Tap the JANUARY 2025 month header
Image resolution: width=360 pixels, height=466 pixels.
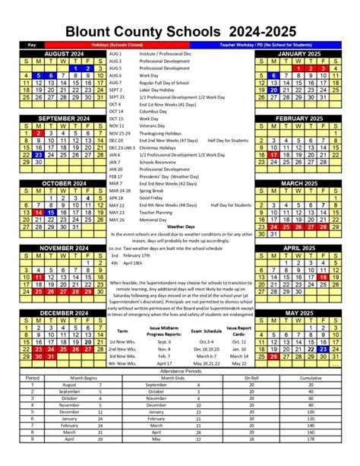pos(297,55)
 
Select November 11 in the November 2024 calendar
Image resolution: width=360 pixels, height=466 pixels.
pos(38,278)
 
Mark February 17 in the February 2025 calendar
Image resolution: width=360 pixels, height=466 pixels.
pos(276,154)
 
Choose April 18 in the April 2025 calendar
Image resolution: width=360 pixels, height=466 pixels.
pos(325,278)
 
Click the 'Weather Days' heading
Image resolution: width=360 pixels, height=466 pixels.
pos(180,227)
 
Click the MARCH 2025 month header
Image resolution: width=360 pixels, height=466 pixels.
pos(297,182)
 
